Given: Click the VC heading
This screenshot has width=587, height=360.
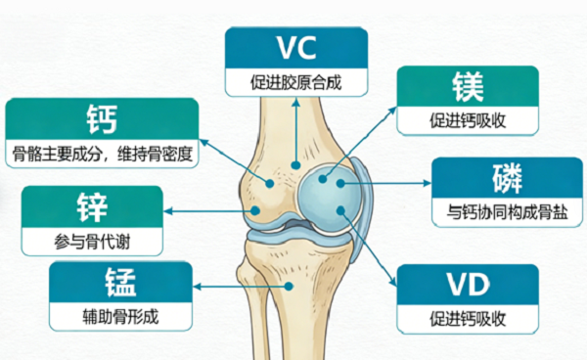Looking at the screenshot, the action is [296, 48].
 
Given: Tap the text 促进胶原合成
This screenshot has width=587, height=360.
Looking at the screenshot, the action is [295, 82].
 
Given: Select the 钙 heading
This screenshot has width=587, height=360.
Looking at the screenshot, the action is [102, 119].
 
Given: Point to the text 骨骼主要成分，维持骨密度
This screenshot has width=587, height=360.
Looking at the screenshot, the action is [102, 154].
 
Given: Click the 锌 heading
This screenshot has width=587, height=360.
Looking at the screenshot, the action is [92, 207].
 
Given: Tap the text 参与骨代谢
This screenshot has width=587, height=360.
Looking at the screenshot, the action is [92, 242].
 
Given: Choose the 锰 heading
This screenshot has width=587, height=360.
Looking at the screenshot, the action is [120, 282].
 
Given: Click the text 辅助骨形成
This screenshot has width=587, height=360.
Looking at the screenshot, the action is [120, 317].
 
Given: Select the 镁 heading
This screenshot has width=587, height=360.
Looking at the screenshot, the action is [468, 86].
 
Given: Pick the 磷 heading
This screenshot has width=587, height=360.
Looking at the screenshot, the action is [507, 178].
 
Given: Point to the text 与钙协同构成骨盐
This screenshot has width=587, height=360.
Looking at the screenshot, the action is [507, 212].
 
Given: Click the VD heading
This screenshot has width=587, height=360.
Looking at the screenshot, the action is [468, 285].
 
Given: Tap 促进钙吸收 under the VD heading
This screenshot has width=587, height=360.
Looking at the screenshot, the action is [468, 319].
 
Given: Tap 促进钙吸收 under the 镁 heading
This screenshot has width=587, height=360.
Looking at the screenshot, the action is [468, 120].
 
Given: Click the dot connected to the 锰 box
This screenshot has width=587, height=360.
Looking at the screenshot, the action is [289, 287].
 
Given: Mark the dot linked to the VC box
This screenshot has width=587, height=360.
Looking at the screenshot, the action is [296, 165].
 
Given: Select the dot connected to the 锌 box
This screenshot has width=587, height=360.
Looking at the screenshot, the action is [255, 210].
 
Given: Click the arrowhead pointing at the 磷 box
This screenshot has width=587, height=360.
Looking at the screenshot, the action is [428, 183].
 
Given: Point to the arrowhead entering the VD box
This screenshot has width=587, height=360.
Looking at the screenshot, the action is [393, 282].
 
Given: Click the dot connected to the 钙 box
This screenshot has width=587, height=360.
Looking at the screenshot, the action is [270, 183].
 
